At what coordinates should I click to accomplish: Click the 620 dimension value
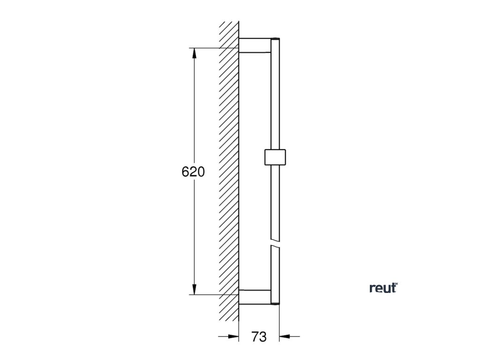(193, 172)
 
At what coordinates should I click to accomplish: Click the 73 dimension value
(259, 337)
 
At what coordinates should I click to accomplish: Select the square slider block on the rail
(275, 157)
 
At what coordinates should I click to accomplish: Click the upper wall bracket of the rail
(255, 45)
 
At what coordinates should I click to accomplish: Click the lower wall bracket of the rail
(255, 297)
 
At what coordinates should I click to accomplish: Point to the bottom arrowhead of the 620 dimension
(194, 289)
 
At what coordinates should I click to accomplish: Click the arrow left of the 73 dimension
(228, 337)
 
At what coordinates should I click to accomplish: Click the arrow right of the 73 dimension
(289, 337)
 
